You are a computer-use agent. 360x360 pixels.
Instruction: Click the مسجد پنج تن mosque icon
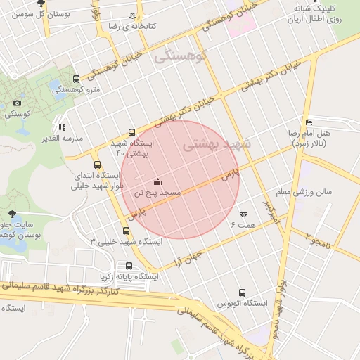156,181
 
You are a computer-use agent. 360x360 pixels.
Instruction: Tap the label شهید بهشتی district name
212,145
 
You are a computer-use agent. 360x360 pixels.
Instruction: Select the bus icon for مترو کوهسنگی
76,79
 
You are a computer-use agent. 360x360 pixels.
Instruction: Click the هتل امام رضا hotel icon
308,122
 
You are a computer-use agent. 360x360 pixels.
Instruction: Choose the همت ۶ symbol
244,214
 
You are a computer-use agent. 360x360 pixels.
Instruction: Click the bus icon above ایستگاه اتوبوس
243,292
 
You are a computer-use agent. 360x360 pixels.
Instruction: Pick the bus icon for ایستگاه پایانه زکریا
128,266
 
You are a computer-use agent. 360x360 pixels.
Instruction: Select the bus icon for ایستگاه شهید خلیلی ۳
126,230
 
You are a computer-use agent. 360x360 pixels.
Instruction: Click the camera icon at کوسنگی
17,103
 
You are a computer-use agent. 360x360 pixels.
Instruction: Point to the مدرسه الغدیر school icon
62,128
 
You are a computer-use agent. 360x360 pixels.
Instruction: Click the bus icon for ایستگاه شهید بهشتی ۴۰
132,132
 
